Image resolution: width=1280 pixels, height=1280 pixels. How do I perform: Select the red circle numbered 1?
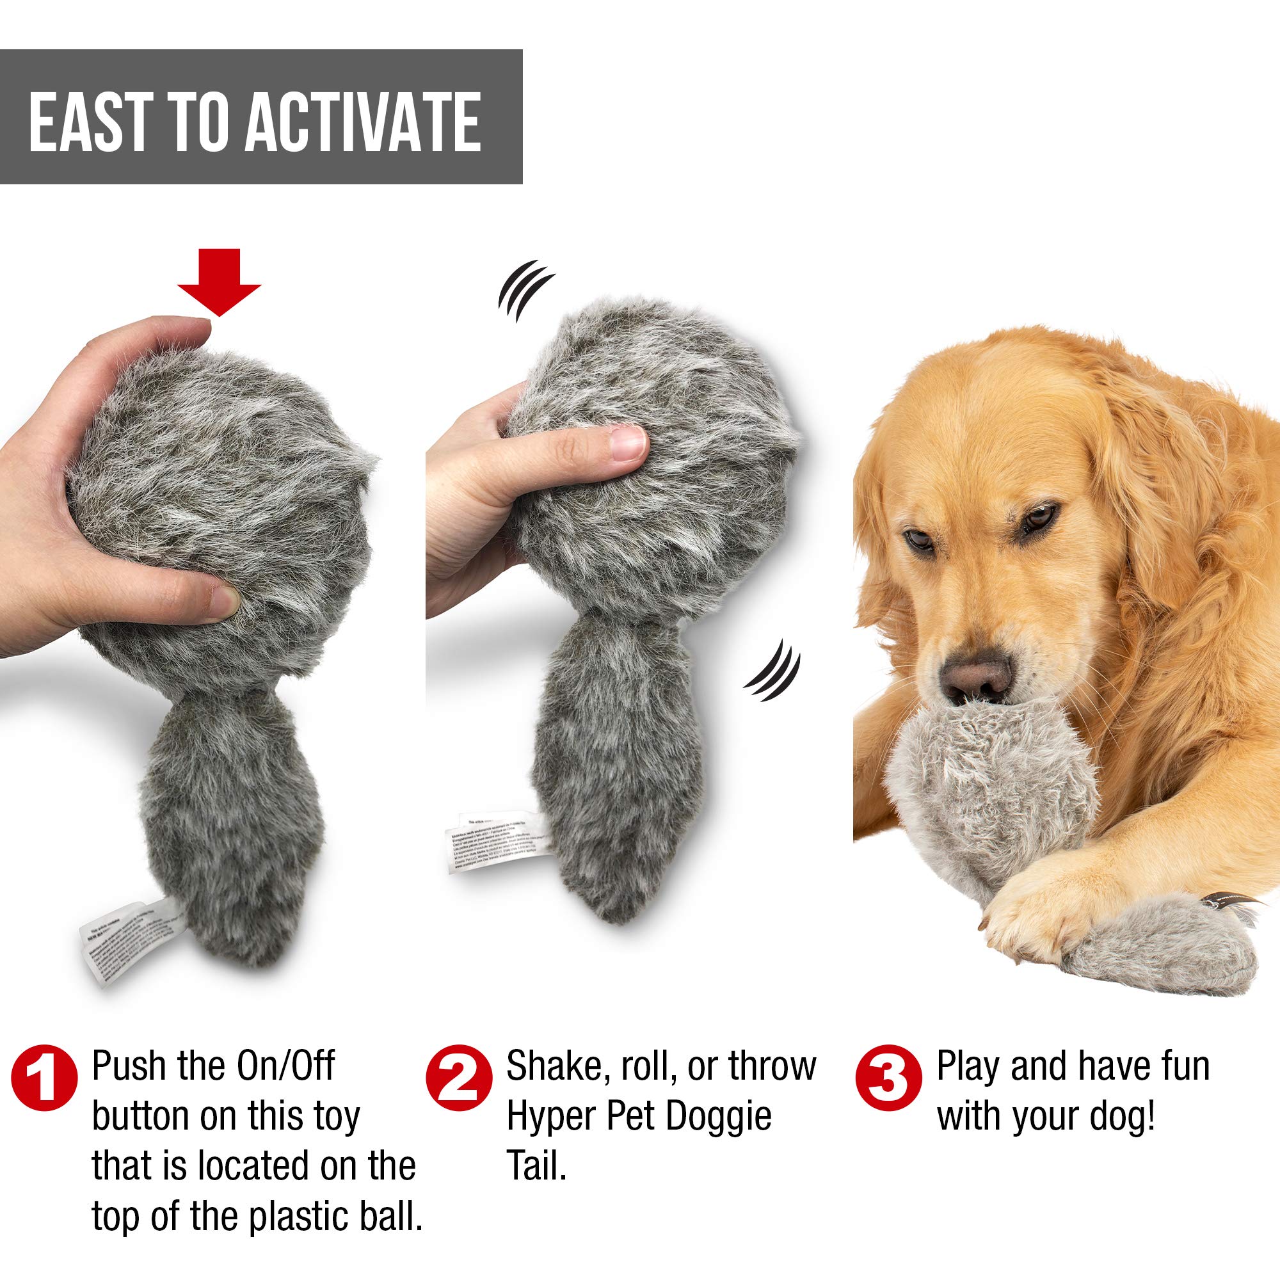coord(44,1078)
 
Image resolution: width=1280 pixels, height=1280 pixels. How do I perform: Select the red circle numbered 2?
coord(459,1078)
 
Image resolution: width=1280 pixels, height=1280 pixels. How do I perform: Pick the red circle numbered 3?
coord(888,1078)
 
